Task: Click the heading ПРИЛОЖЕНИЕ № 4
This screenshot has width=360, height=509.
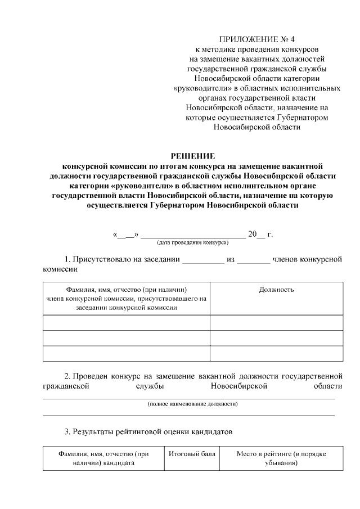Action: click(x=256, y=39)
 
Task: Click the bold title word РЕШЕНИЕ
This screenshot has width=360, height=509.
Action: click(x=193, y=156)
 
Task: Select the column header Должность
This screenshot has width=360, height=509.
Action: click(x=276, y=290)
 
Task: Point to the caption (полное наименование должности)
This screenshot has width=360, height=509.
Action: click(x=192, y=404)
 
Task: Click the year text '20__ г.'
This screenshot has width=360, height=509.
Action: click(x=260, y=234)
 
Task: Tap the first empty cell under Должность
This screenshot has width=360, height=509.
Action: click(x=276, y=322)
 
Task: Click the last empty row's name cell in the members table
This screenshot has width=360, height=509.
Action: click(x=127, y=353)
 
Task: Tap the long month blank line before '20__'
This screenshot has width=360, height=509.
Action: click(x=192, y=235)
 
